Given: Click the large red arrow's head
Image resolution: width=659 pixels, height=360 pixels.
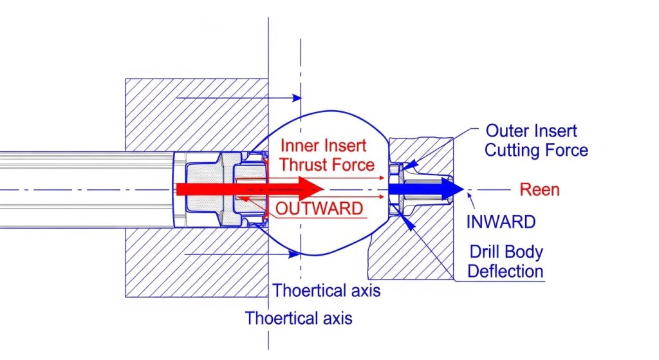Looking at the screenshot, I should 311,189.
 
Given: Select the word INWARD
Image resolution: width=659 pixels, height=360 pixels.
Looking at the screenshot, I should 501,222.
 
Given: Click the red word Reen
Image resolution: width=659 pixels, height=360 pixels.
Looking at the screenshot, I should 539,189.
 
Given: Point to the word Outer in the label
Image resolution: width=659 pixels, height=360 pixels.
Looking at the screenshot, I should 506,131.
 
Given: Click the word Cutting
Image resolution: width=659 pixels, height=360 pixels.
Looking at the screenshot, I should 518,151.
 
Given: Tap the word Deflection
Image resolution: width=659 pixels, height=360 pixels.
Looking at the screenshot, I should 505,271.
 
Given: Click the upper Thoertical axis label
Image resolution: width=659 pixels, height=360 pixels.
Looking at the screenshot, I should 326,290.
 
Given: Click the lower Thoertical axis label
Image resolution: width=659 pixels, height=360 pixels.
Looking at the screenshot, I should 299,318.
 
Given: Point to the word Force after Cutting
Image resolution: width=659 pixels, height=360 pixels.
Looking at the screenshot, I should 569,151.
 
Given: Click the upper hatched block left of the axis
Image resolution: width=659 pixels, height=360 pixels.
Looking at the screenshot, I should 193,113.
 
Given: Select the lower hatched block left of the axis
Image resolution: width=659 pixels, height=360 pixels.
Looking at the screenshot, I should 193,264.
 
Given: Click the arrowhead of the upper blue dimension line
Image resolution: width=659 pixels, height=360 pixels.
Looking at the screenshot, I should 297,98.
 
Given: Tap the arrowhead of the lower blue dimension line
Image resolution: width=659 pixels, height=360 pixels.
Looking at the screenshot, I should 297,254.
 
